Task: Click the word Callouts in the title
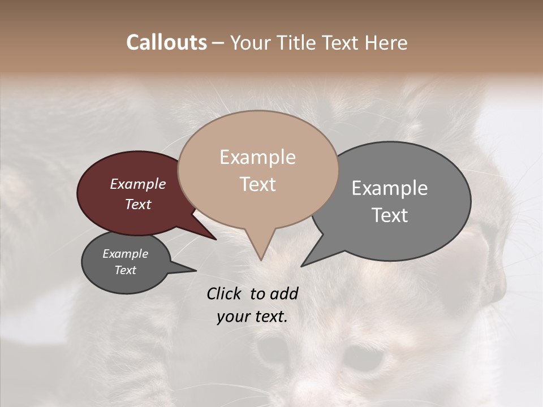pos(166,42)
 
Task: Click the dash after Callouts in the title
pos(218,43)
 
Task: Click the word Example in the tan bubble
pos(257,157)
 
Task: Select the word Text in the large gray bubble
pos(390,215)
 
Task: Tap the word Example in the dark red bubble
pos(138,184)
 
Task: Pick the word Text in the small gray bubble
pos(126,270)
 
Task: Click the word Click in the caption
pos(225,294)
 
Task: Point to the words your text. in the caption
pos(252,317)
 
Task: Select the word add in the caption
pos(283,294)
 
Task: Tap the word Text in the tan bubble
pos(257,184)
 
